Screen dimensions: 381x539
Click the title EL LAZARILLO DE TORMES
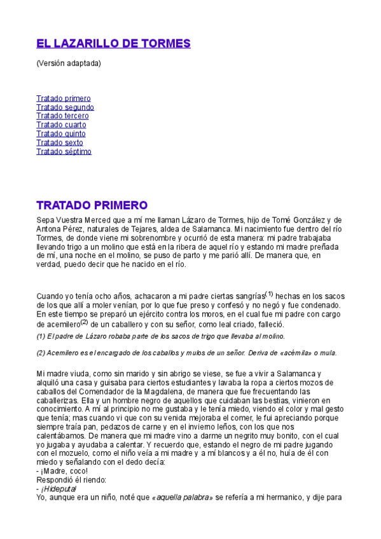113,44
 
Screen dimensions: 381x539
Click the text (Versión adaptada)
69,64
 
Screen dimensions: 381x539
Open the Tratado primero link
64,99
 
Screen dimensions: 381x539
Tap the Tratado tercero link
62,116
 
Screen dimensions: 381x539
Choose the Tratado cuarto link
61,125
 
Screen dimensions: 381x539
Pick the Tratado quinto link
61,134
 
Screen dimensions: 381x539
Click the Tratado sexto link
60,143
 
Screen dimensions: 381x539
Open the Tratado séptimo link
64,152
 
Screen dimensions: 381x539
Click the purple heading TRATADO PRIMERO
92,205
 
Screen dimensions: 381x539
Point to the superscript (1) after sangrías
269,294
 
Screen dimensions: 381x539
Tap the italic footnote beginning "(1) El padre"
160,336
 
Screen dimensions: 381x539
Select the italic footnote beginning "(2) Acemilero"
186,353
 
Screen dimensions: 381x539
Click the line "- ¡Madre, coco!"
62,471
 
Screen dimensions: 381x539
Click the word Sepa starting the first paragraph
46,220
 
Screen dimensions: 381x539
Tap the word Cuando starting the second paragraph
50,296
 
